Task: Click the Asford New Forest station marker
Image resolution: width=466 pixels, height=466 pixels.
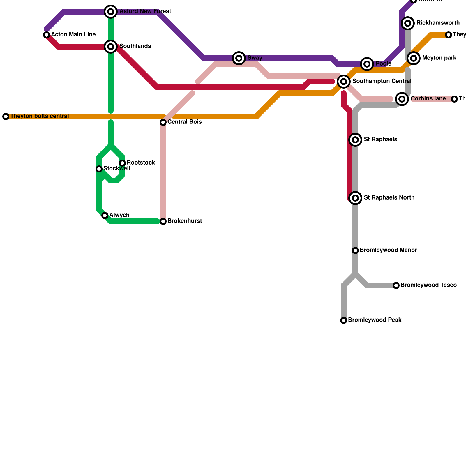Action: (111, 12)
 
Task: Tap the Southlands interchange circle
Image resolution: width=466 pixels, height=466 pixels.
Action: (111, 47)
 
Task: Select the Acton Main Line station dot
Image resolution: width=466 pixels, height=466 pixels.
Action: (47, 35)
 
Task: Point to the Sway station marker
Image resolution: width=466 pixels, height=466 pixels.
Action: (239, 58)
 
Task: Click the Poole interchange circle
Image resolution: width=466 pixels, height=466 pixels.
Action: (367, 64)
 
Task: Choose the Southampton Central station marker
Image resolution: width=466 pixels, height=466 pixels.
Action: (344, 82)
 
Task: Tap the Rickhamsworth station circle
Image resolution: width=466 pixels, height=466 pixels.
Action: (408, 23)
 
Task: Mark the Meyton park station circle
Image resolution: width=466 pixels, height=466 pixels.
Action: (414, 58)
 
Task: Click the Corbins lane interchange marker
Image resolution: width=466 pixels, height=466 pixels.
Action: (402, 99)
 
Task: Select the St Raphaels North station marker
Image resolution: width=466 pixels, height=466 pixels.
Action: (355, 198)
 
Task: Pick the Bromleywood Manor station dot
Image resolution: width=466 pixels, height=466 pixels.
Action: (355, 250)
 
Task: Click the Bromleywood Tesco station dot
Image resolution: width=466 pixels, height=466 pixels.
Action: (396, 285)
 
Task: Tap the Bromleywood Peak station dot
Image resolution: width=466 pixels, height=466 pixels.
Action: (344, 320)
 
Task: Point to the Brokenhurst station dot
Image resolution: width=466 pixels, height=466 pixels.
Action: (163, 221)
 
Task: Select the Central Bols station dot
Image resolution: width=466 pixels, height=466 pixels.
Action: (163, 122)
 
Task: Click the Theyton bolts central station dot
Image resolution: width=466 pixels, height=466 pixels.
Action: (6, 116)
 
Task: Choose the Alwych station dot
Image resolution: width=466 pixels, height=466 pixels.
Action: (105, 216)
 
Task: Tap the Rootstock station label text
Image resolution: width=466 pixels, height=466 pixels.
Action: (141, 163)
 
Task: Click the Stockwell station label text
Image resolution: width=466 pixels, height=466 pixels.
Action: (117, 169)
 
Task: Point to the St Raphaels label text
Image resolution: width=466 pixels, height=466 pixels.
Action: (380, 140)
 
